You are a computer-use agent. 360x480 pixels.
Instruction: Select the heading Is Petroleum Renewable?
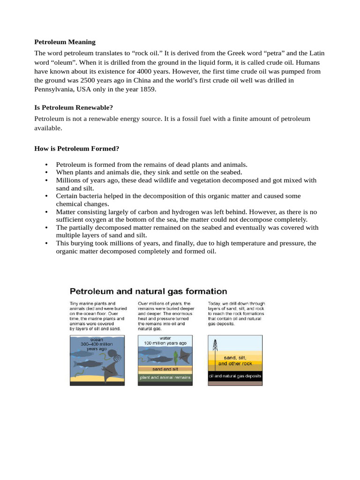(74, 108)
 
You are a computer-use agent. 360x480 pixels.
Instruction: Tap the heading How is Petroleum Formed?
(77, 149)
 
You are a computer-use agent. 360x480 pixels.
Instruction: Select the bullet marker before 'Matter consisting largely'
(46, 212)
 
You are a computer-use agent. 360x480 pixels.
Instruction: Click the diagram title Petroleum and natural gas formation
(149, 291)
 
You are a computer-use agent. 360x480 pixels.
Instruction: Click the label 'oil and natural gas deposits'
(235, 376)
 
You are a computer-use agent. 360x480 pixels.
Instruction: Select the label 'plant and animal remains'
(165, 377)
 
